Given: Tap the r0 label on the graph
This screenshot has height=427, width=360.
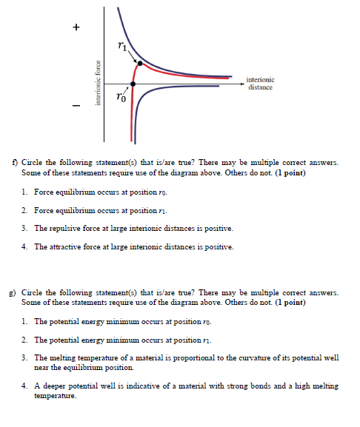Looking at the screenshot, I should click(x=121, y=96).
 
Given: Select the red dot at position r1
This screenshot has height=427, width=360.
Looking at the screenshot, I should click(x=139, y=64).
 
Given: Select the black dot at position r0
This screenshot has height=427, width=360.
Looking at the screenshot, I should click(x=133, y=84).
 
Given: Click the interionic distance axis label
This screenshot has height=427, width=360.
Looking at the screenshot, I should click(x=259, y=83).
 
